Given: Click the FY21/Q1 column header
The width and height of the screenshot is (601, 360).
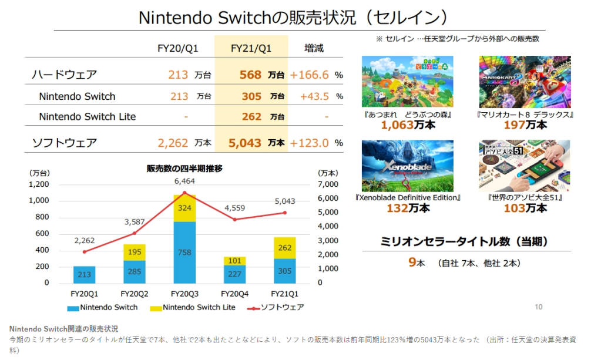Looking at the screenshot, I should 251,48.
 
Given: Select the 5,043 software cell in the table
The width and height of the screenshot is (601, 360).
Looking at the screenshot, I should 250,143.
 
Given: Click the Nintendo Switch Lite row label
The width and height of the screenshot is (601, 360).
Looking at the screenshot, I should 87,116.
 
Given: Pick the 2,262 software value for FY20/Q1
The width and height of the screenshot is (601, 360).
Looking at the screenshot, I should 173,143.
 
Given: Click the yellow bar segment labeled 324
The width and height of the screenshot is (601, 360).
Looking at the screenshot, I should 184,208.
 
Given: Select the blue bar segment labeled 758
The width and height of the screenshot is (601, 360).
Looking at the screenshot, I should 184,253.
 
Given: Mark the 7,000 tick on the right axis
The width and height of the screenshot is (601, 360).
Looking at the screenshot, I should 328,184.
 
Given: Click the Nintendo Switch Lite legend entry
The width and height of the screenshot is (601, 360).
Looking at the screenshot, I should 194,307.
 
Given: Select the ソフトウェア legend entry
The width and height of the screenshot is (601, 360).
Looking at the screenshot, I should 276,307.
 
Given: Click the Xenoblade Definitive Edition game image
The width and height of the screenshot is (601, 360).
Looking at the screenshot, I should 407,166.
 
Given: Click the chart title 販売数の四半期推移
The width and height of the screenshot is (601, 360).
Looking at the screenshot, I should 184,169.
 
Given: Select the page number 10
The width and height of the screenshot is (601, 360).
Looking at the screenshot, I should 539,307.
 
